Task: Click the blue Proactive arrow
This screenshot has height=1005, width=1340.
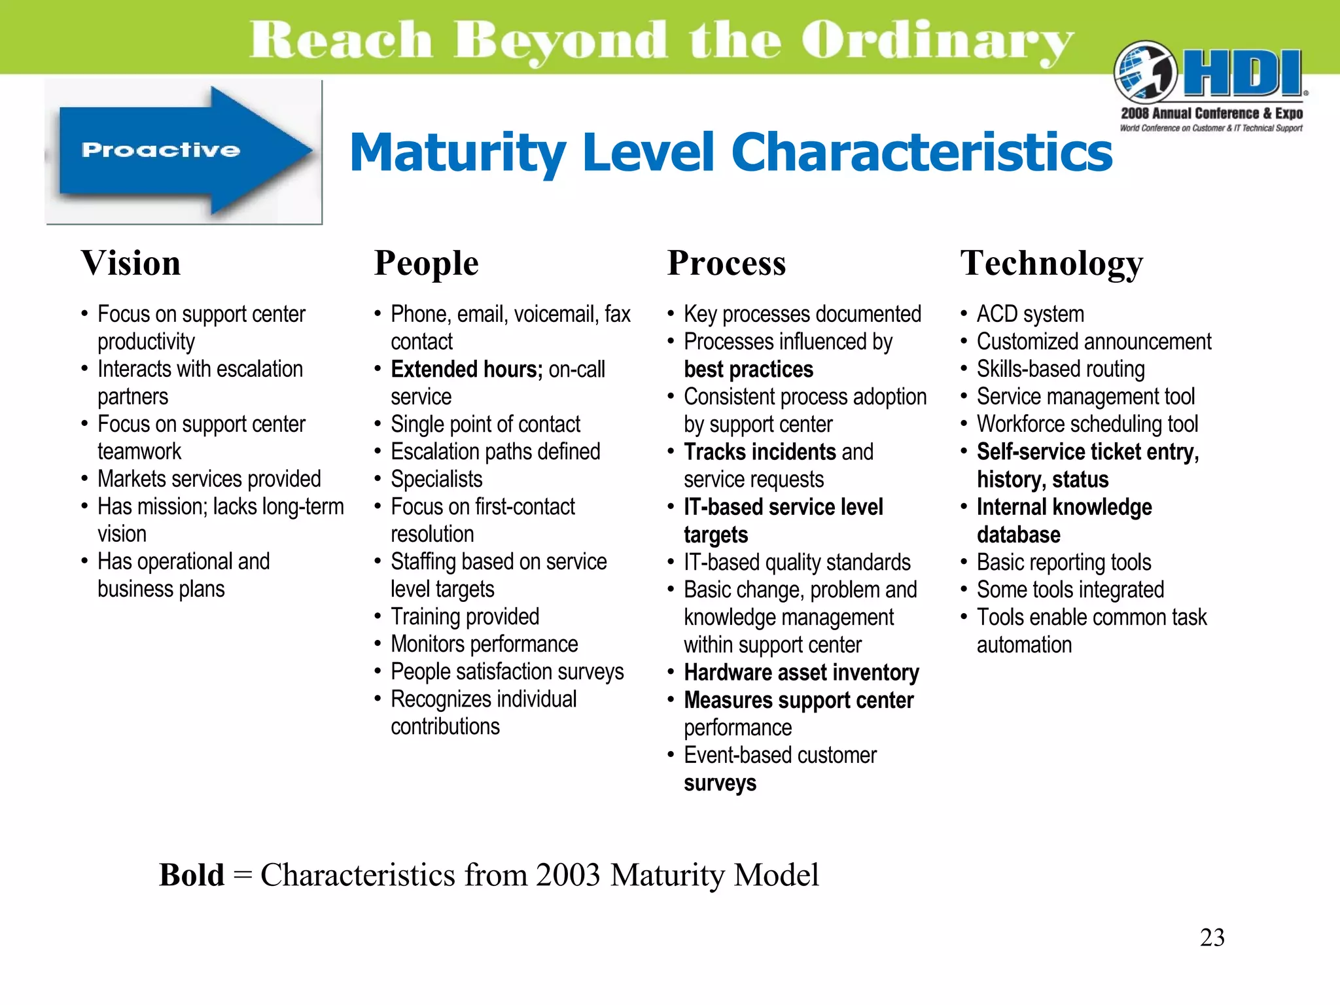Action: pyautogui.click(x=183, y=151)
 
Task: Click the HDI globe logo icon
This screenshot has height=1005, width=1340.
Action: pyautogui.click(x=1145, y=73)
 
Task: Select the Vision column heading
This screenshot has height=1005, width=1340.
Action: pyautogui.click(x=131, y=264)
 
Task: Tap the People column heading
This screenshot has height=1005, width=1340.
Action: pyautogui.click(x=426, y=264)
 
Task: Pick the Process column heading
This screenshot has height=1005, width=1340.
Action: pyautogui.click(x=726, y=264)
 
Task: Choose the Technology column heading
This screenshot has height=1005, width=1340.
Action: pyautogui.click(x=1051, y=264)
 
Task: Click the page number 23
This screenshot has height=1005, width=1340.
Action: pyautogui.click(x=1212, y=938)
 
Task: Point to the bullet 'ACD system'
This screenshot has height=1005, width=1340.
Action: pyautogui.click(x=1030, y=314)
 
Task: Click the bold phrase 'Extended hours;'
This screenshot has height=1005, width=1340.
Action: pyautogui.click(x=467, y=370)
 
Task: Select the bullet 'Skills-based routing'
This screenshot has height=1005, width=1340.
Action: pyautogui.click(x=1061, y=370)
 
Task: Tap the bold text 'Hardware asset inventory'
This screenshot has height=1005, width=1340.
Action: pyautogui.click(x=802, y=673)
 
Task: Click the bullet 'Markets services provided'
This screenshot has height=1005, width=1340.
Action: pyautogui.click(x=209, y=480)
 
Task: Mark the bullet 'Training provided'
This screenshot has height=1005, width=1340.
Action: pyautogui.click(x=465, y=617)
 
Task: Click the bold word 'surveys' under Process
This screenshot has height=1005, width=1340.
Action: pyautogui.click(x=720, y=783)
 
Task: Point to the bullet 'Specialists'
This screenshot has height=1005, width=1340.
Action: pyautogui.click(x=436, y=480)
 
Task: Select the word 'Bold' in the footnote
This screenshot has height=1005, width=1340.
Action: pyautogui.click(x=192, y=875)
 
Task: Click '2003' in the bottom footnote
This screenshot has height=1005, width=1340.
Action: pyautogui.click(x=567, y=875)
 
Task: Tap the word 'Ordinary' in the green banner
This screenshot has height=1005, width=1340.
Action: pyautogui.click(x=937, y=41)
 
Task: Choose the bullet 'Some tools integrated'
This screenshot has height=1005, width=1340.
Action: pyautogui.click(x=1070, y=590)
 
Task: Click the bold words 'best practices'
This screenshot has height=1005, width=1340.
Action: pyautogui.click(x=749, y=370)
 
